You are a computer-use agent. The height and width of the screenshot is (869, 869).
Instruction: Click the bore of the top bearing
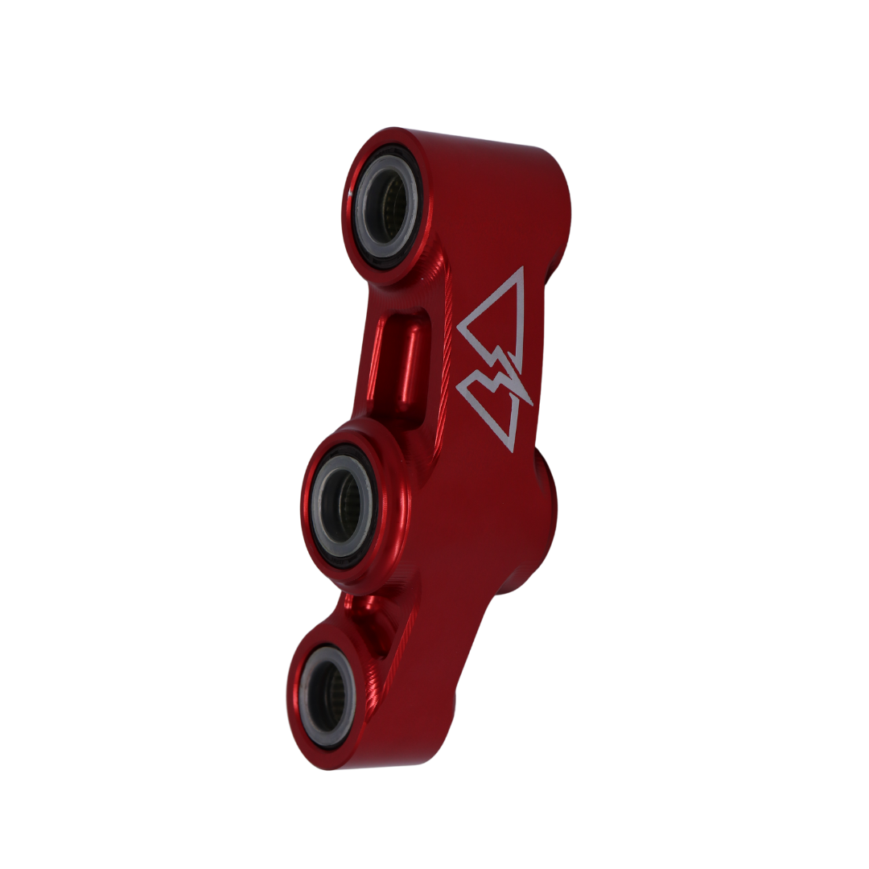tap(391, 207)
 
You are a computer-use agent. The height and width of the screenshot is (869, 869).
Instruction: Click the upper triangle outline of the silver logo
tap(520, 314)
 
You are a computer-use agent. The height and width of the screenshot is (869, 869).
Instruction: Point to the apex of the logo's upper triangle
tap(521, 269)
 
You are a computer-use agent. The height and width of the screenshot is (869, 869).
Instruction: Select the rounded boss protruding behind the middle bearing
tap(543, 515)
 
